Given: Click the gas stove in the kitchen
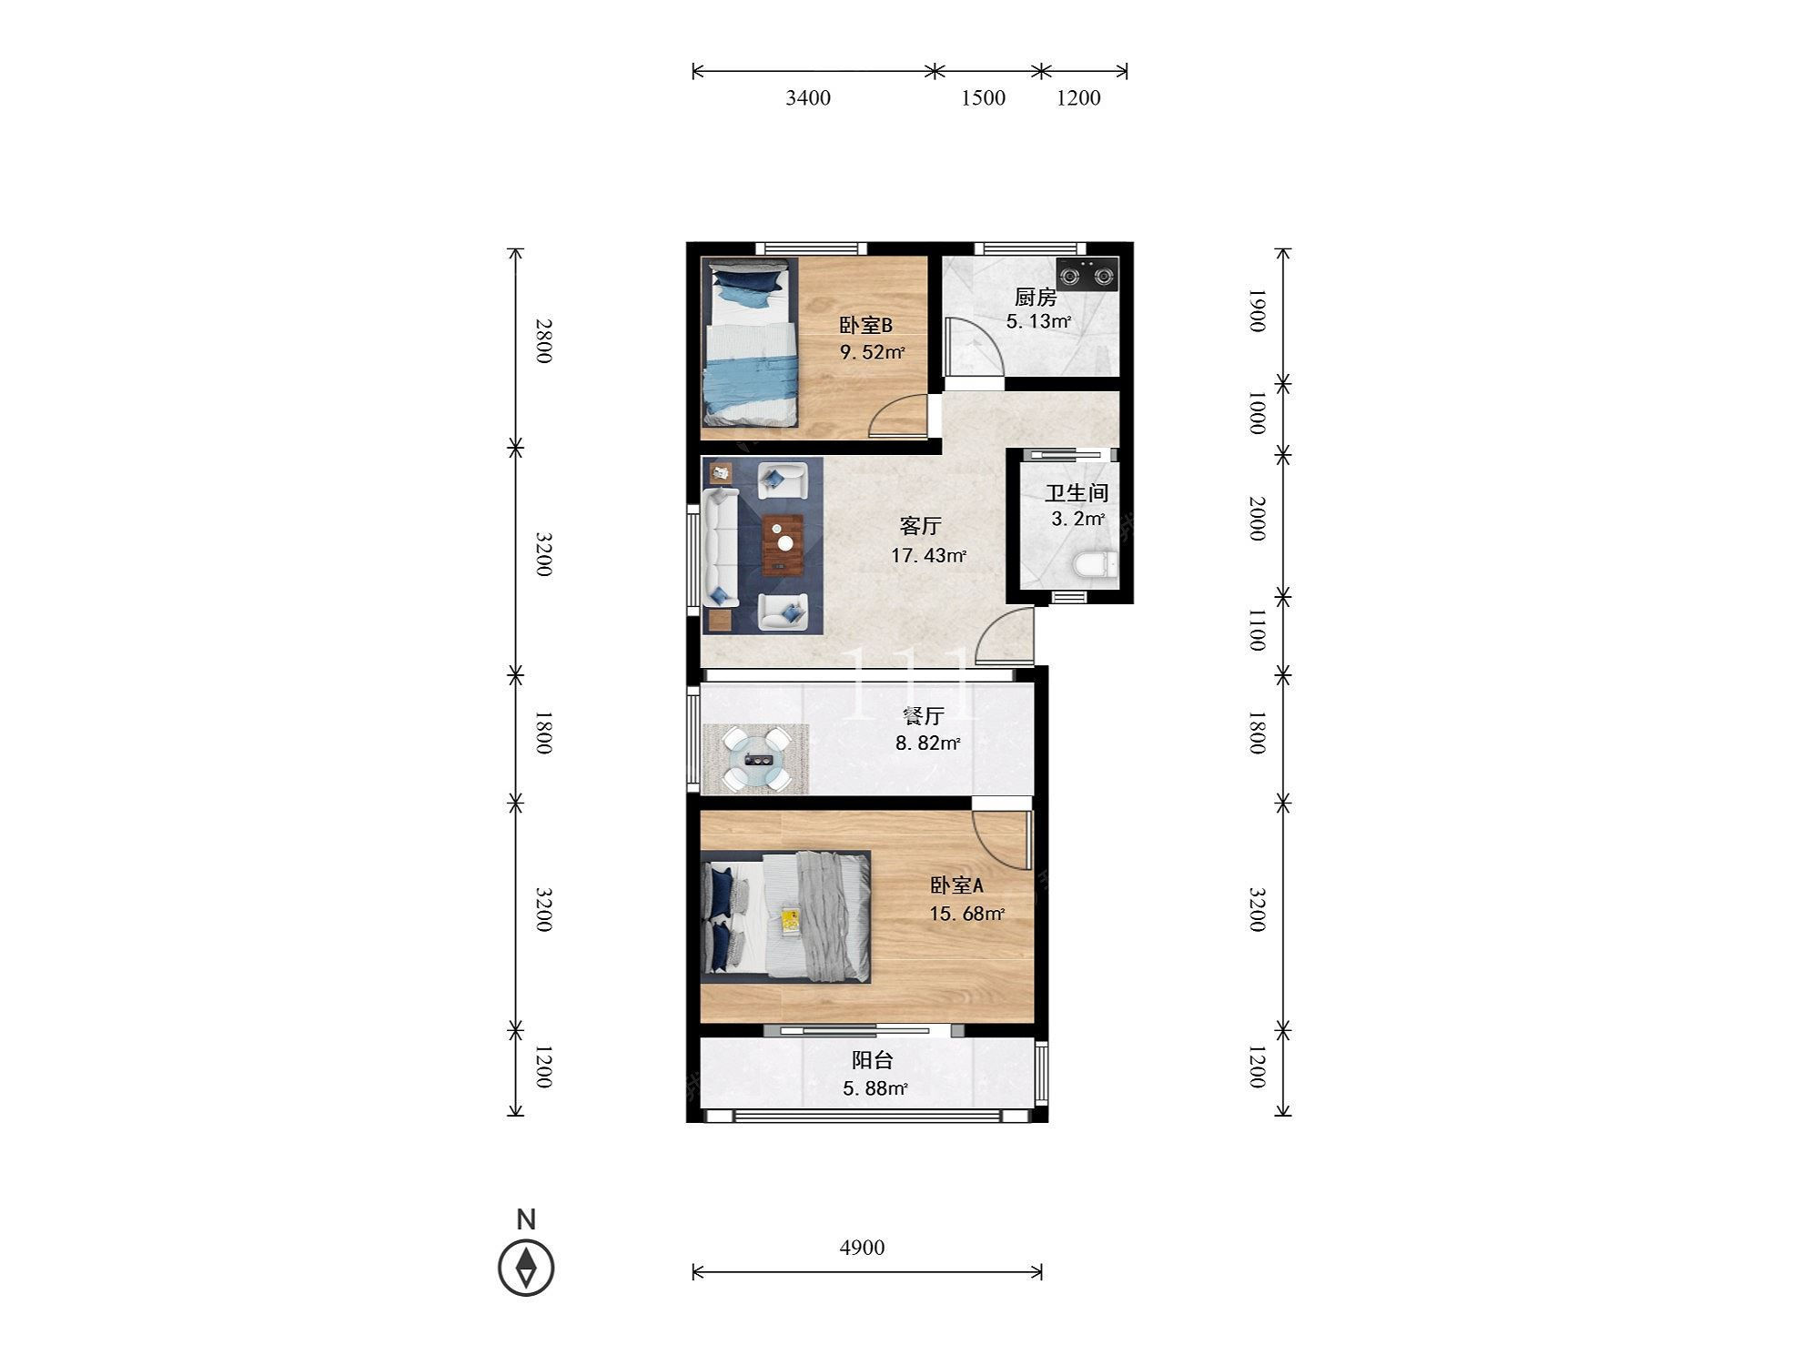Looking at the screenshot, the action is [1087, 273].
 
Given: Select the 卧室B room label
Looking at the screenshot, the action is [865, 325].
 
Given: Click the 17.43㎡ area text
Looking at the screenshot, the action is [928, 555].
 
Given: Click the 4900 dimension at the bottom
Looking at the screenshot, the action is [862, 1248].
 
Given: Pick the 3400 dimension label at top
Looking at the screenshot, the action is [808, 98].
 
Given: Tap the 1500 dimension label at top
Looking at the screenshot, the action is [983, 98].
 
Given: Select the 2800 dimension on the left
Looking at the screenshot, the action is [543, 340].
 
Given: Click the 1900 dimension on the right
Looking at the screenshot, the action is [1256, 311].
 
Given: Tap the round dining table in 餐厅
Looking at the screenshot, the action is [756, 759].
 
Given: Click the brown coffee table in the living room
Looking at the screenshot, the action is [783, 544].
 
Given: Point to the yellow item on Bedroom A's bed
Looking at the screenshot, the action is [790, 921].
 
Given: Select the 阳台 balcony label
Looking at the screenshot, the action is [872, 1060].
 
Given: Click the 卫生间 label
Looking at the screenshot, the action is [1077, 493].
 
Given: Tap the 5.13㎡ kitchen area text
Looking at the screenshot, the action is [1038, 321].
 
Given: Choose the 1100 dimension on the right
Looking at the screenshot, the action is [1256, 631].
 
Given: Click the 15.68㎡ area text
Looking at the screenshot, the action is [966, 914].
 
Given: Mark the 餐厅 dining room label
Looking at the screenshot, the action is [923, 717].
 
